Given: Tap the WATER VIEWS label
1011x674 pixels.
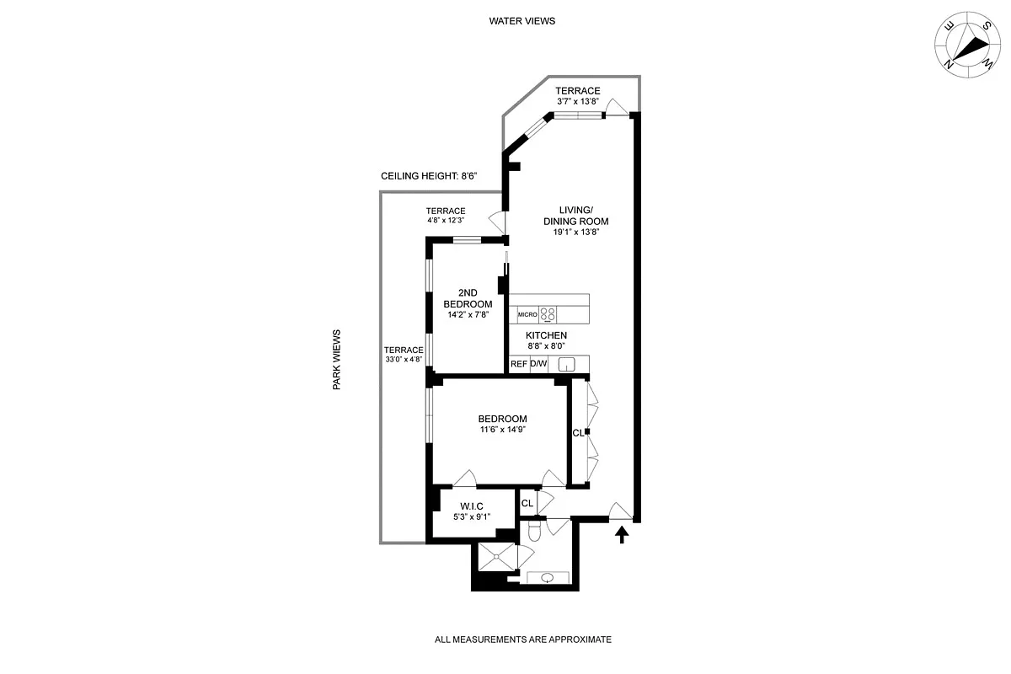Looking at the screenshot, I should click(522, 21).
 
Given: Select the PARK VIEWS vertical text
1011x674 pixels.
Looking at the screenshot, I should click(336, 359).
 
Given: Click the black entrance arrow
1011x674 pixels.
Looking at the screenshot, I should click(622, 534).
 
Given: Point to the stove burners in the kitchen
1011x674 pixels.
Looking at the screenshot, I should click(548, 314).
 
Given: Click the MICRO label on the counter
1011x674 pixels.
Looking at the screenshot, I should click(527, 314).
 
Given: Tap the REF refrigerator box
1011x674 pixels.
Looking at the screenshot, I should click(519, 364).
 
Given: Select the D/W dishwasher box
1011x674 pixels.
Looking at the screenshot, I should click(538, 364).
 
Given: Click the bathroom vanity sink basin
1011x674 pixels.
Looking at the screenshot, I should click(548, 578).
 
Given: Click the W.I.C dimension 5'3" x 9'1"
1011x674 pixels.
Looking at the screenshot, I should click(471, 517).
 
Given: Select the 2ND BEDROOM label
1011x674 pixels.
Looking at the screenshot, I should click(468, 298).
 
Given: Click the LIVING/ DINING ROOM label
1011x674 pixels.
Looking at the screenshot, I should click(577, 216).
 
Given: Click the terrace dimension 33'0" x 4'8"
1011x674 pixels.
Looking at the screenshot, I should click(404, 360).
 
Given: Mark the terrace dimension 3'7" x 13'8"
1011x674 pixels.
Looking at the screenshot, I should click(577, 102).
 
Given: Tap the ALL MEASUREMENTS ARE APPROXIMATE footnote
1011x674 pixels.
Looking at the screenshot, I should click(522, 639).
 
